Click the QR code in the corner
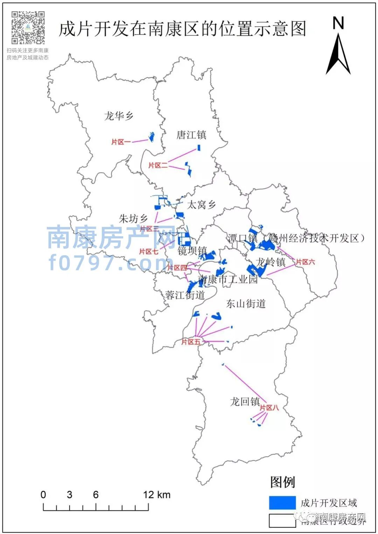pyautogui.click(x=28, y=27)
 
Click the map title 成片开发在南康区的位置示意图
pyautogui.click(x=182, y=29)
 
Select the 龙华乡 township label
pyautogui.click(x=119, y=116)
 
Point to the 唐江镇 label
pyautogui.click(x=191, y=135)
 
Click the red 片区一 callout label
pyautogui.click(x=121, y=142)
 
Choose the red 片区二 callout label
pyautogui.click(x=158, y=165)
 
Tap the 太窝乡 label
pyautogui.click(x=201, y=204)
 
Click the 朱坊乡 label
pyautogui.click(x=133, y=219)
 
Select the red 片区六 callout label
pyautogui.click(x=305, y=262)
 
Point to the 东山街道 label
pyautogui.click(x=246, y=303)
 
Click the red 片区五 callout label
pyautogui.click(x=191, y=342)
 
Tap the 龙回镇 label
pyautogui.click(x=245, y=402)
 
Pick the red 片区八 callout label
pyautogui.click(x=269, y=407)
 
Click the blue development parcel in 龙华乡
pyautogui.click(x=152, y=137)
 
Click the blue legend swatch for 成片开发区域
pyautogui.click(x=282, y=503)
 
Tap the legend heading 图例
pyautogui.click(x=282, y=482)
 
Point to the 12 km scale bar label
pyautogui.click(x=156, y=495)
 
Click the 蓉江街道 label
pyautogui.click(x=185, y=295)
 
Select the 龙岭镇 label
pyautogui.click(x=271, y=262)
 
